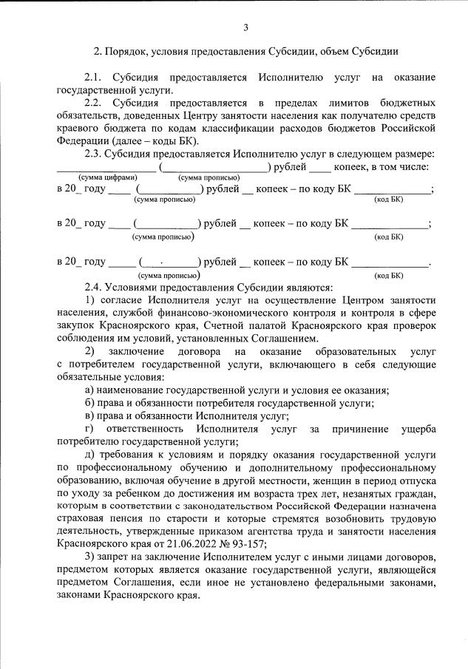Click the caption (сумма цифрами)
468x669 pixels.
coord(108,178)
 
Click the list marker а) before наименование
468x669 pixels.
coord(89,390)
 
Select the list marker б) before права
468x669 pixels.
coord(89,403)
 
